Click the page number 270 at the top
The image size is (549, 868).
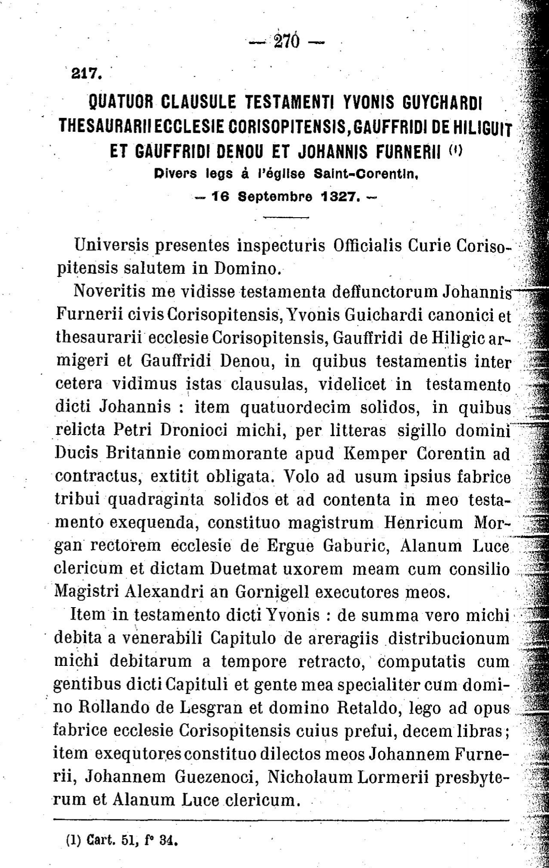pyautogui.click(x=288, y=42)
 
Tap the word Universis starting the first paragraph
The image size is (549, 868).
pyautogui.click(x=111, y=245)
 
